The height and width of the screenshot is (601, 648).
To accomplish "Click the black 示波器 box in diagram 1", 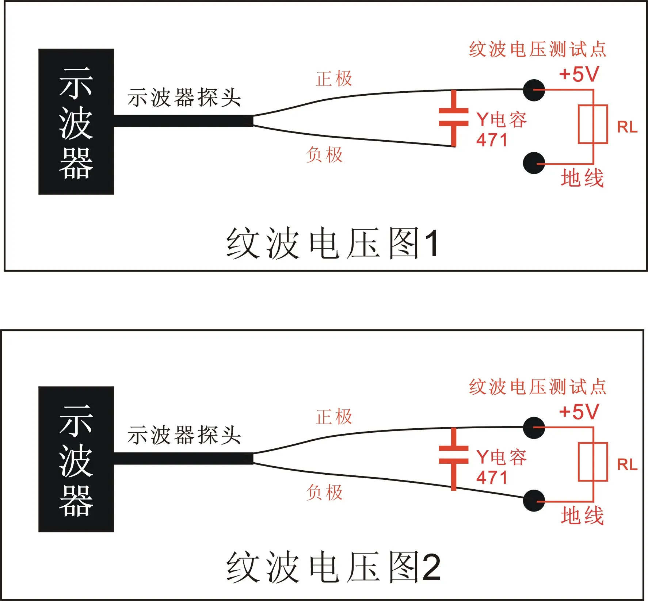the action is pyautogui.click(x=76, y=122).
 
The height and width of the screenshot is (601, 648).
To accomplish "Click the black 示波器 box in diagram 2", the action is pyautogui.click(x=76, y=459).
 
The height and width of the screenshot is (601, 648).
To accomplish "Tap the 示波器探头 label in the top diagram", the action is pyautogui.click(x=184, y=97).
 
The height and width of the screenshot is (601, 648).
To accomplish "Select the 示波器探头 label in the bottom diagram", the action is pyautogui.click(x=184, y=435).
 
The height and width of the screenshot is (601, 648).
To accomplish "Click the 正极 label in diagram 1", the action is pyautogui.click(x=334, y=79).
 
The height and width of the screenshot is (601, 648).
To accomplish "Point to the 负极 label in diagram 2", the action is pyautogui.click(x=325, y=493).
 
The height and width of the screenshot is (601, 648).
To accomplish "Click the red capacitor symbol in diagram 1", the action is pyautogui.click(x=454, y=118).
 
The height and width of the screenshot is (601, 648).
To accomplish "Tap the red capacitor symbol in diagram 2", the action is pyautogui.click(x=454, y=459).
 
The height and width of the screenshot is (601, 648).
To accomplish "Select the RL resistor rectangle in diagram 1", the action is pyautogui.click(x=593, y=124).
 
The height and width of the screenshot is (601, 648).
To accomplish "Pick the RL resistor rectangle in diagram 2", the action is pyautogui.click(x=593, y=462).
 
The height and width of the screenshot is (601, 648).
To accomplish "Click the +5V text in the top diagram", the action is pyautogui.click(x=579, y=74).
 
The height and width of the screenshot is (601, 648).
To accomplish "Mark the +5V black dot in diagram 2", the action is pyautogui.click(x=534, y=428).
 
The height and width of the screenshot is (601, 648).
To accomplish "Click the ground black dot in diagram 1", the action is pyautogui.click(x=534, y=163).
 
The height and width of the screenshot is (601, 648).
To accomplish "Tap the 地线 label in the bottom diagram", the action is pyautogui.click(x=582, y=516).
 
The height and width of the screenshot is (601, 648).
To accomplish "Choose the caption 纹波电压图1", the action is pyautogui.click(x=332, y=243).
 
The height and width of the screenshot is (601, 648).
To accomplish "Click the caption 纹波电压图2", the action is pyautogui.click(x=333, y=567).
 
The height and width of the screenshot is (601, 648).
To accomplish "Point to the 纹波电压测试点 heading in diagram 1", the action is pyautogui.click(x=537, y=49).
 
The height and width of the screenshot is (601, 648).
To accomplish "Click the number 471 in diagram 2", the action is pyautogui.click(x=492, y=478).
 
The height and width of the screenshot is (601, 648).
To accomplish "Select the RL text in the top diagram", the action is pyautogui.click(x=627, y=127).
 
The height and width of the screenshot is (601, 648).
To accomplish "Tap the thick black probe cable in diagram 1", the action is pyautogui.click(x=183, y=121).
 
